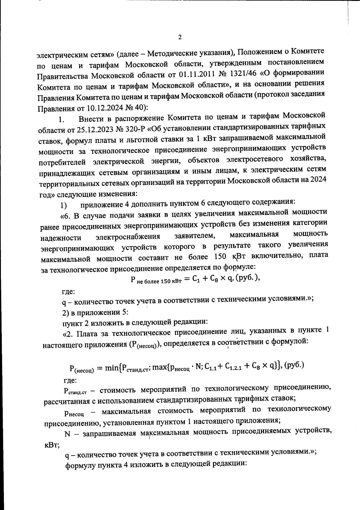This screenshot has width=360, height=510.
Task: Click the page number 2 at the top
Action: pos(180,37)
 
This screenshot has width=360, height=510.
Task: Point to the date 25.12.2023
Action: pos(91,130)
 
